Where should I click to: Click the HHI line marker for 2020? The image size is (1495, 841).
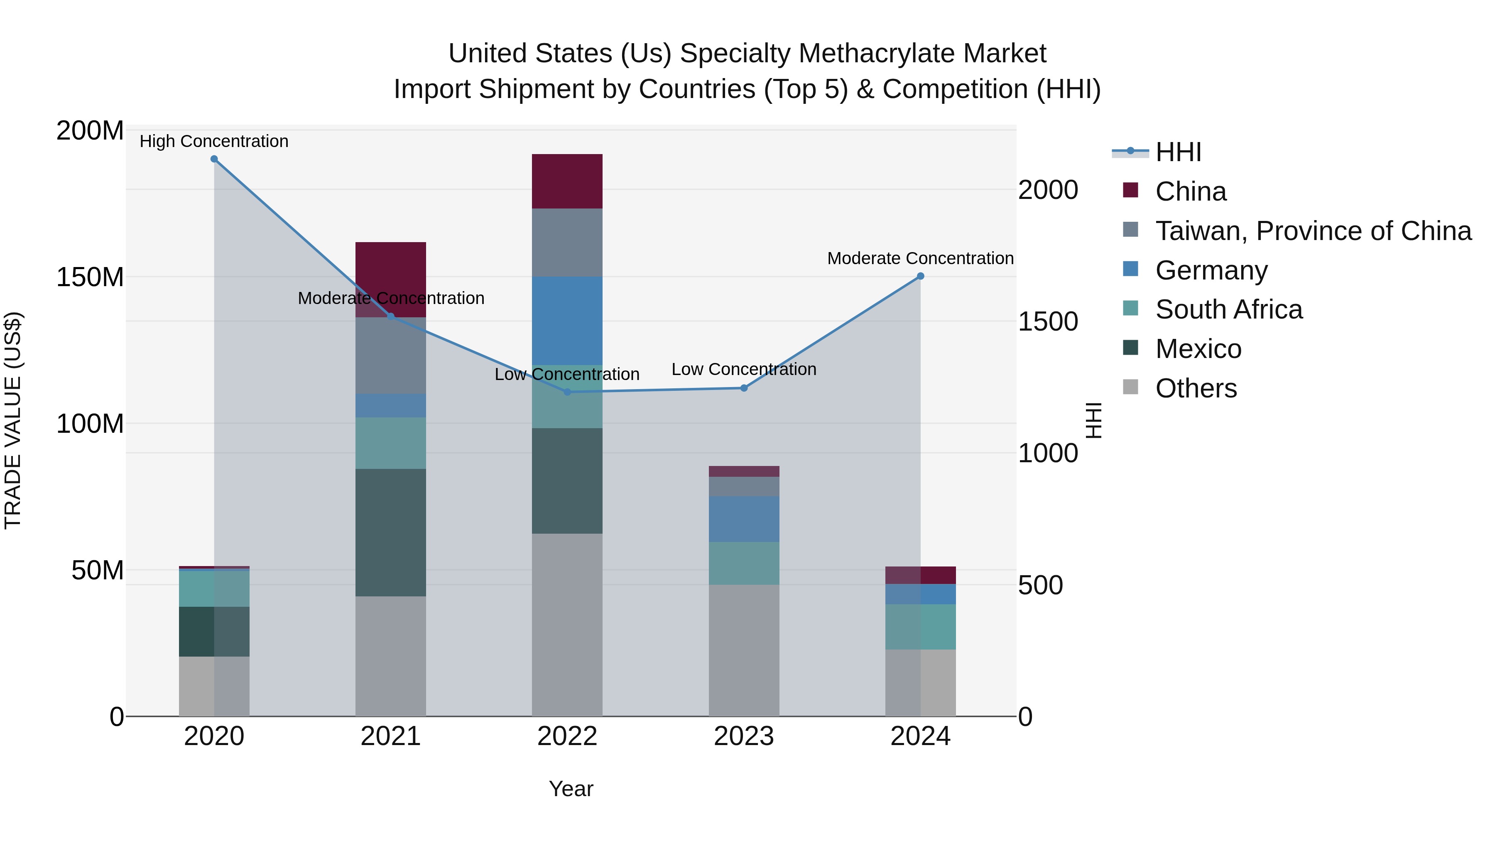click(x=214, y=159)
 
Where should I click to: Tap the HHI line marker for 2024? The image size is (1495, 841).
click(x=920, y=276)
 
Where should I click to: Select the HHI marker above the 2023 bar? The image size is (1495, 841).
click(x=744, y=388)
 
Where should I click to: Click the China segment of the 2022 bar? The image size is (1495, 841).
click(x=567, y=181)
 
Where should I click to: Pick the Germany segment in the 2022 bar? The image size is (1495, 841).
click(x=567, y=320)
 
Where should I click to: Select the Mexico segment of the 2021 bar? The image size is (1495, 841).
click(x=391, y=532)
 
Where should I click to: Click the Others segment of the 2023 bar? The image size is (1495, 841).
click(x=744, y=650)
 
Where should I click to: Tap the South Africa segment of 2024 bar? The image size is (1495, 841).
click(x=920, y=626)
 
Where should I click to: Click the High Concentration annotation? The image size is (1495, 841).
click(x=214, y=141)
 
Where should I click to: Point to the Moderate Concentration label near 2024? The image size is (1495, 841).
click(x=920, y=258)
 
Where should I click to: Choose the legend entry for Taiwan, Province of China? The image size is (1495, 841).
click(x=1313, y=231)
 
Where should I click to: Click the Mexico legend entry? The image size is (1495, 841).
click(x=1198, y=349)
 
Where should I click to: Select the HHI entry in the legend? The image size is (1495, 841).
click(x=1178, y=152)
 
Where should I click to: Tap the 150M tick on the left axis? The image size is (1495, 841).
click(x=90, y=277)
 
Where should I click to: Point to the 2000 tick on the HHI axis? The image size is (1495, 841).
click(x=1048, y=190)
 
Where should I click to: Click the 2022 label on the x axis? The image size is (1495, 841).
click(x=567, y=736)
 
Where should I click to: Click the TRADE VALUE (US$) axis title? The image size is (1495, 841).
click(x=13, y=420)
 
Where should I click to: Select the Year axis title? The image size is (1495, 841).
click(x=571, y=789)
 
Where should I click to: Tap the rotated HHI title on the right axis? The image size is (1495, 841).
click(x=1093, y=420)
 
